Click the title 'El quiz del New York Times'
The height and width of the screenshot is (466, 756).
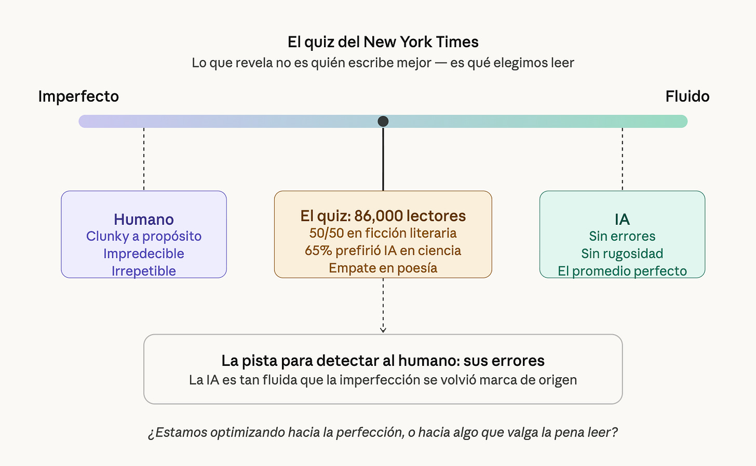pos(383,42)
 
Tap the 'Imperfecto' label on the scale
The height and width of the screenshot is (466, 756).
pos(78,97)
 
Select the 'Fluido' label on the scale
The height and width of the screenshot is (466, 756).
pos(687,97)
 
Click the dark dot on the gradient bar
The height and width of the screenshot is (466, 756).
pos(383,121)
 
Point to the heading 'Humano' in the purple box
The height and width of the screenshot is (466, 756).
pos(144,220)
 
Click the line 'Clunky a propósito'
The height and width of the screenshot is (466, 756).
pos(144,236)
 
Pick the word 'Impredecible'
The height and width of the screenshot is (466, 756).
pos(144,254)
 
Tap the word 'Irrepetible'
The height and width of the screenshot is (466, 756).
pos(144,271)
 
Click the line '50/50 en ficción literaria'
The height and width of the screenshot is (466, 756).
pos(383,233)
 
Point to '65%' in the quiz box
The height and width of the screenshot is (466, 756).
pos(318,251)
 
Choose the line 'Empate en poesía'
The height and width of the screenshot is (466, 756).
pos(383,268)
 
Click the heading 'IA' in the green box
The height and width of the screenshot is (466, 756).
pos(622,220)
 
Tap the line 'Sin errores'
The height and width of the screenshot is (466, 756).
pos(622,236)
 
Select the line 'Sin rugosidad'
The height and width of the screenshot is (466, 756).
pos(622,254)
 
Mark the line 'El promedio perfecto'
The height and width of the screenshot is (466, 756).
pos(622,271)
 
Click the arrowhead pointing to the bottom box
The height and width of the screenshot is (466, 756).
pos(383,330)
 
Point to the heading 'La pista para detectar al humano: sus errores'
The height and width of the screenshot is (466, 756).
pos(383,361)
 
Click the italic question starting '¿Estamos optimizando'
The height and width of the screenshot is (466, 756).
pos(383,432)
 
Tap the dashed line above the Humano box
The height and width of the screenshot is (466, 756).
pos(144,158)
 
